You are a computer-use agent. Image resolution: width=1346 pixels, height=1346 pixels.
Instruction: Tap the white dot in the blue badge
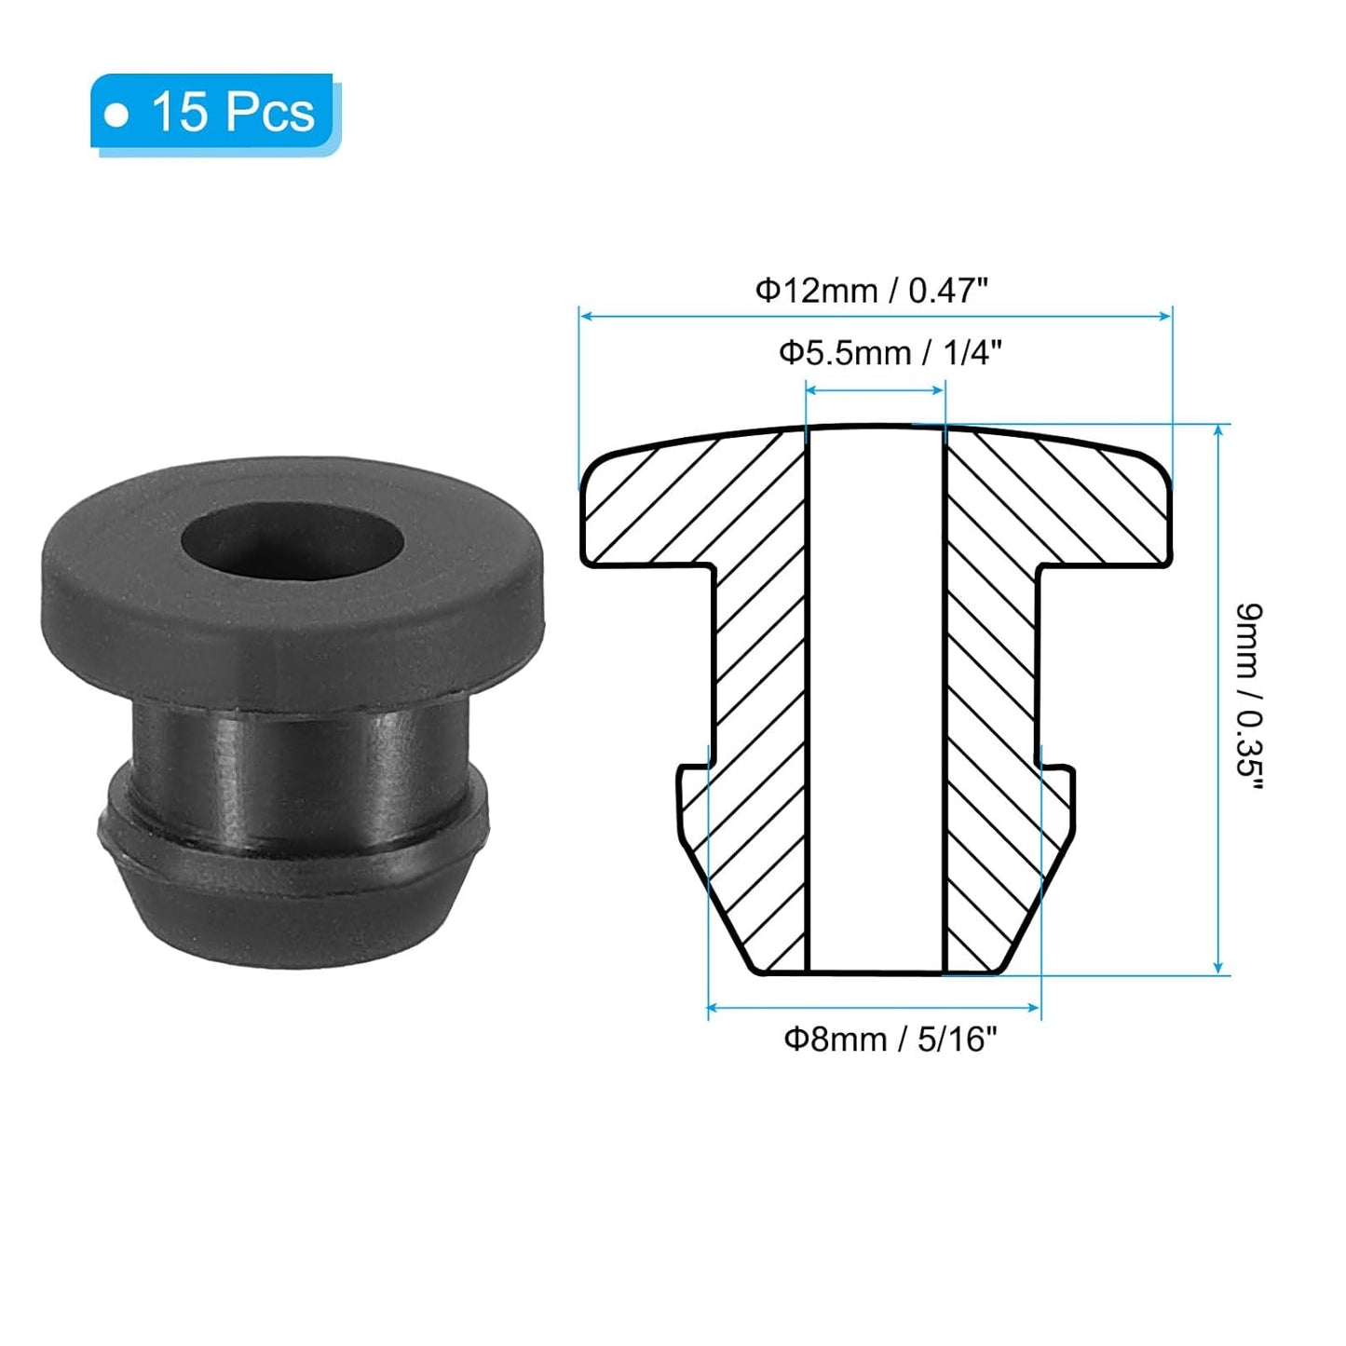[x=116, y=116]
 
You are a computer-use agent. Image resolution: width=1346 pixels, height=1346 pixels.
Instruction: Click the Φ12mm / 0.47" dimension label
[x=870, y=291]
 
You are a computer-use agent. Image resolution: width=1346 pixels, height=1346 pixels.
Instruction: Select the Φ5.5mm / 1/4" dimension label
[x=890, y=353]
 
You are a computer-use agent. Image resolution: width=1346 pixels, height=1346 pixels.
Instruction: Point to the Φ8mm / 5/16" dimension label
[x=890, y=1038]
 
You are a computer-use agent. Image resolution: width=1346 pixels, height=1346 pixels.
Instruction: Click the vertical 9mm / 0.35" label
[x=1248, y=697]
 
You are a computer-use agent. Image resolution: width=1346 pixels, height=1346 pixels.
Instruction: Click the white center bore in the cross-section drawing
[x=875, y=699]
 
